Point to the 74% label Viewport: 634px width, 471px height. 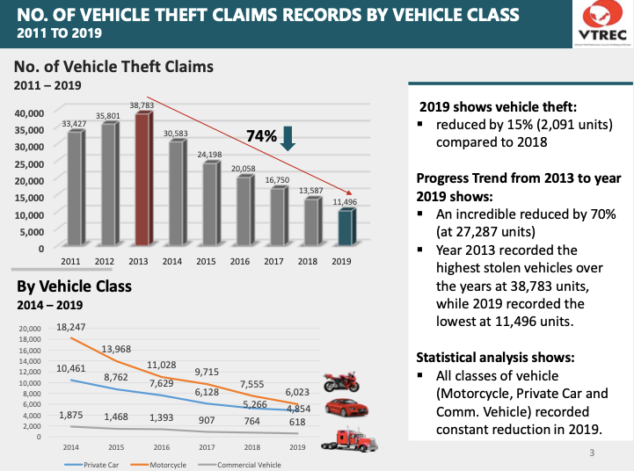(261, 136)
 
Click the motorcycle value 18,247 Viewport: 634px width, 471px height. (71, 327)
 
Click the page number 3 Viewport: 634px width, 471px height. (592, 453)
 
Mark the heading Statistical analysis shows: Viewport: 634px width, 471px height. (495, 358)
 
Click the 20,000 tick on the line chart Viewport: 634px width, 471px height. (30, 328)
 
